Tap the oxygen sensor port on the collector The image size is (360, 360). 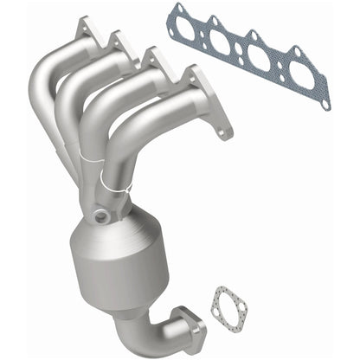[x=103, y=216]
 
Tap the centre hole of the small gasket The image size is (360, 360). [x=227, y=305]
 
